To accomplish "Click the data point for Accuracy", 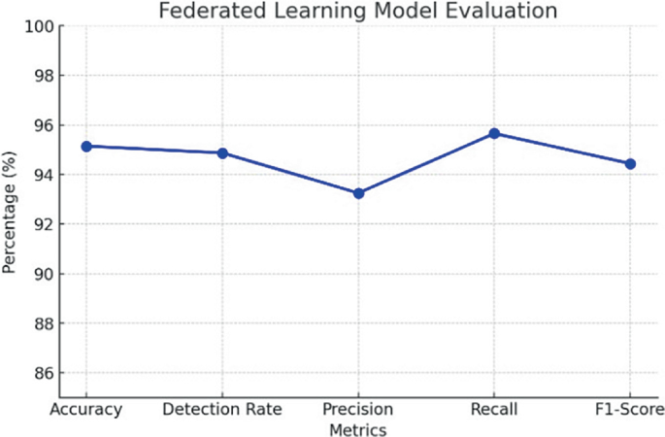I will pyautogui.click(x=86, y=146).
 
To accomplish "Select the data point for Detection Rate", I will pyautogui.click(x=222, y=152).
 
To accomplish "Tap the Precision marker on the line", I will pyautogui.click(x=358, y=193).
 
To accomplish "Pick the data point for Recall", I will pyautogui.click(x=494, y=133).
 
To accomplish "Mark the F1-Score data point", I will pyautogui.click(x=630, y=163).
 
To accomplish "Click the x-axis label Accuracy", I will pyautogui.click(x=86, y=409).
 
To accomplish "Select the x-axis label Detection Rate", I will pyautogui.click(x=222, y=409).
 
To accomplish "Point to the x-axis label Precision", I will pyautogui.click(x=358, y=409).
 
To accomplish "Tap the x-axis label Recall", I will pyautogui.click(x=494, y=409).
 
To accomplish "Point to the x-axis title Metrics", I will pyautogui.click(x=358, y=428).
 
